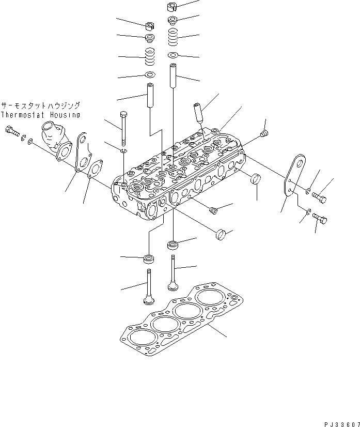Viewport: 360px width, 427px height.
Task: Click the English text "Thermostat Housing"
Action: pos(40,115)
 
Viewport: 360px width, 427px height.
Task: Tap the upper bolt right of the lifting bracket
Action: pos(319,196)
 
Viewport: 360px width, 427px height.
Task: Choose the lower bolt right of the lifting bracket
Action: pos(320,219)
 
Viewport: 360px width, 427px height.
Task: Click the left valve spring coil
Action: pos(149,56)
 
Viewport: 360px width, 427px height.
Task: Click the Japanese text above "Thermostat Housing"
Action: pos(40,105)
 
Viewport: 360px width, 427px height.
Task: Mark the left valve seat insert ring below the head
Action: pos(149,258)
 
